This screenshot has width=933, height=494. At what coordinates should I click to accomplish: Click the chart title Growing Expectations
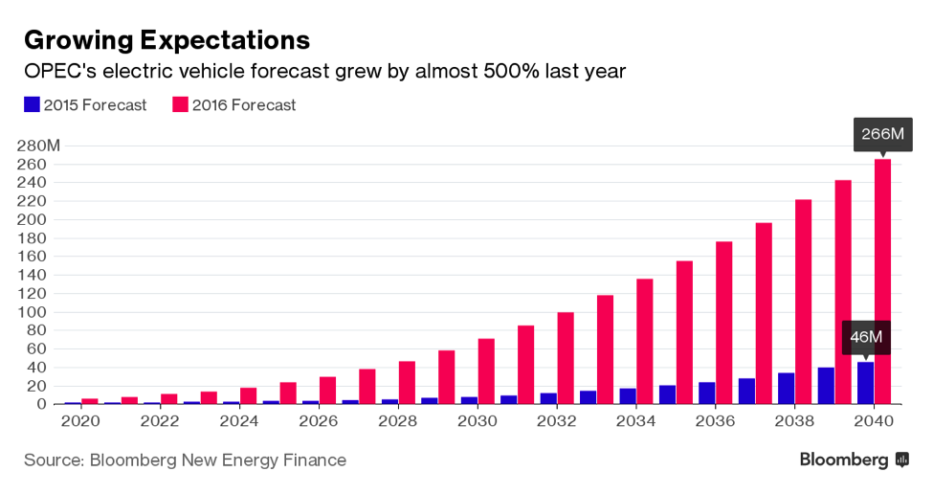tap(167, 39)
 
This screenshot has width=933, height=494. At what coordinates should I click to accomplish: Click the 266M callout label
tap(882, 134)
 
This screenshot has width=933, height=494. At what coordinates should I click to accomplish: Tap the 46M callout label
tap(866, 337)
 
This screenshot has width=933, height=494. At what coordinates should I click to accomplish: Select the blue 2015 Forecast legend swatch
tap(32, 104)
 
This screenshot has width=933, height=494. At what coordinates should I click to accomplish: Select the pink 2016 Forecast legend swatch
tap(180, 104)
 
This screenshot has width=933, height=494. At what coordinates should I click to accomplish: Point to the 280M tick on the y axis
tap(39, 146)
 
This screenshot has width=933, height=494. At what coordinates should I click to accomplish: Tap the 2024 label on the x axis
tap(239, 421)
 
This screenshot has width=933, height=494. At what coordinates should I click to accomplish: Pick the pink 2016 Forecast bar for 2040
tap(882, 281)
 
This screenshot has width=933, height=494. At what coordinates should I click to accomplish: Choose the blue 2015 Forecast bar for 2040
tap(865, 383)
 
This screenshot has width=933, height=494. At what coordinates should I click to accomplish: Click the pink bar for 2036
tap(723, 323)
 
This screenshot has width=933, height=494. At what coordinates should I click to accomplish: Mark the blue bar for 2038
tap(786, 389)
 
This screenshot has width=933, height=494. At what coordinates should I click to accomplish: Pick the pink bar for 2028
tap(407, 383)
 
